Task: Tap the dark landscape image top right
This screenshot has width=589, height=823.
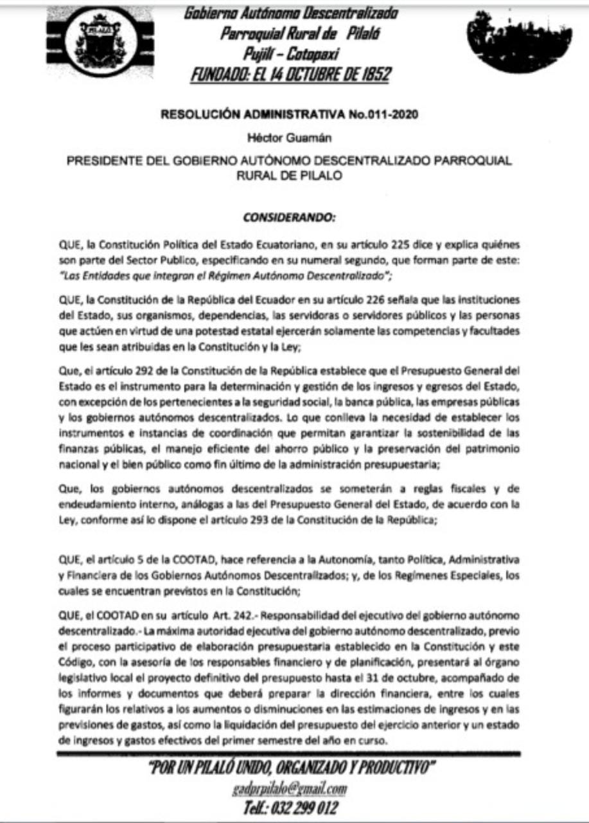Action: coord(511,41)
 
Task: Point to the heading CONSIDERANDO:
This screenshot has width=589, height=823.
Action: coord(290,217)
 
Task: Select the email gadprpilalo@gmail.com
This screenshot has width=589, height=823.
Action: coord(290,789)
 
